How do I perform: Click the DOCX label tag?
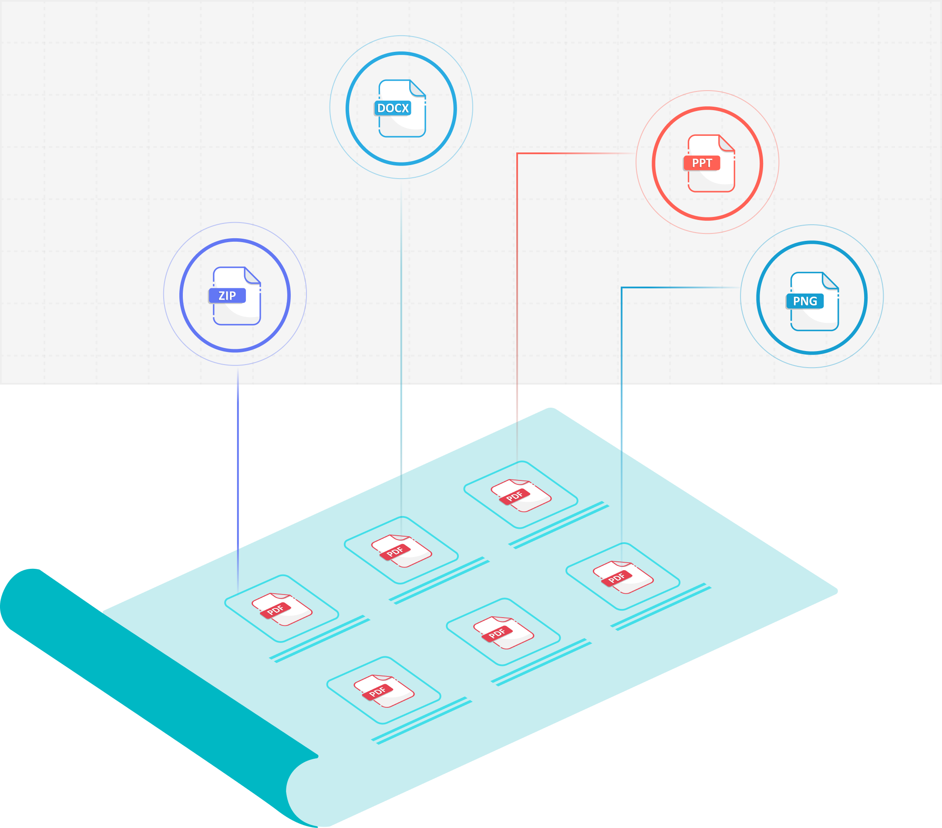(x=392, y=108)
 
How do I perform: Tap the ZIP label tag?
(x=227, y=295)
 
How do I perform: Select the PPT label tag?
(x=701, y=163)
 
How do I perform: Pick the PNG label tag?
(x=805, y=301)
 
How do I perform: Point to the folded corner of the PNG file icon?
(x=830, y=281)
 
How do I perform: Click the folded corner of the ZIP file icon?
(x=252, y=275)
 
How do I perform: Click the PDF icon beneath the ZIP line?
(x=282, y=609)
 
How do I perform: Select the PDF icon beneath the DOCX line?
(x=401, y=551)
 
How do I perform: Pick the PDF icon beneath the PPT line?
(x=521, y=496)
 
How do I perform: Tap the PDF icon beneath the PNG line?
(x=622, y=577)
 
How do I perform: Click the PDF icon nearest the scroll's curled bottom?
(x=384, y=691)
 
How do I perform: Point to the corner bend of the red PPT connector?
(x=518, y=153)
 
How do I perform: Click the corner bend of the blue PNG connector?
(x=622, y=287)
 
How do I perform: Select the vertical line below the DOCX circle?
(x=401, y=346)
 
